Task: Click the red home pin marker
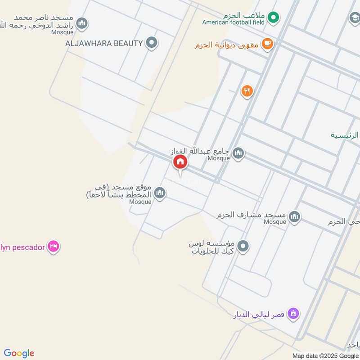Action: tap(180, 162)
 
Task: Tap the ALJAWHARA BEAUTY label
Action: tap(104, 43)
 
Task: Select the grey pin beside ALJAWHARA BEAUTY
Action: tap(152, 43)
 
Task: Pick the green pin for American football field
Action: tap(273, 18)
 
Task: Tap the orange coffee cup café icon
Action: tap(267, 44)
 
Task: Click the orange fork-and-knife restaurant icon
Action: tap(247, 91)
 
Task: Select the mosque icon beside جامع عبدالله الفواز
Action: tap(238, 153)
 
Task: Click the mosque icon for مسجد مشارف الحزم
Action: tap(294, 217)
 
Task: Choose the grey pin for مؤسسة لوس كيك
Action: tap(243, 246)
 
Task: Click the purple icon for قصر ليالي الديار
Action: tap(293, 314)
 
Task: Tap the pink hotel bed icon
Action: tap(54, 247)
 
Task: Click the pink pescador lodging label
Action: tap(22, 247)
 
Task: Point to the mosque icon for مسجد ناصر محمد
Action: tap(81, 22)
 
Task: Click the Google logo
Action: tap(19, 353)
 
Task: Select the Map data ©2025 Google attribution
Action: tap(325, 355)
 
